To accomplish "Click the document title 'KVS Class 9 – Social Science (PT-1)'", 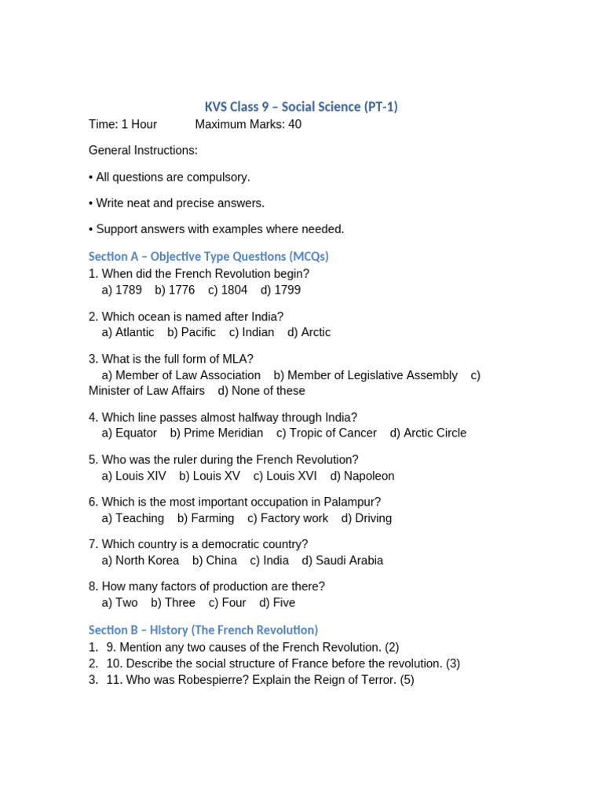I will coord(301,107).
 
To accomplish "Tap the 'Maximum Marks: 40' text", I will coord(248,124).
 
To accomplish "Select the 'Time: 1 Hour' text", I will coord(122,124).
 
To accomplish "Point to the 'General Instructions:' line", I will coord(143,150).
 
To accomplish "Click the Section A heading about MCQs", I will coord(208,257).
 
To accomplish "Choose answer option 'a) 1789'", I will coord(122,290).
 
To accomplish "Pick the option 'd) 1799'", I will coord(280,290).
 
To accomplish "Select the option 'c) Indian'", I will coord(251,332).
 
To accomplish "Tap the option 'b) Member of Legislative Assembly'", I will coord(365,375).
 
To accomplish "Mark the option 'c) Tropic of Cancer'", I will coord(326,433).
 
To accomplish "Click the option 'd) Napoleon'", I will coord(362,476).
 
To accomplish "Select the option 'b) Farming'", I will coord(206,518).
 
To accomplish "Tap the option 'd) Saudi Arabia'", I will coord(342,561).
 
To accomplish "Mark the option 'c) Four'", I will coord(227,603).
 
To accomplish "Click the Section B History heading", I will coord(203,630).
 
